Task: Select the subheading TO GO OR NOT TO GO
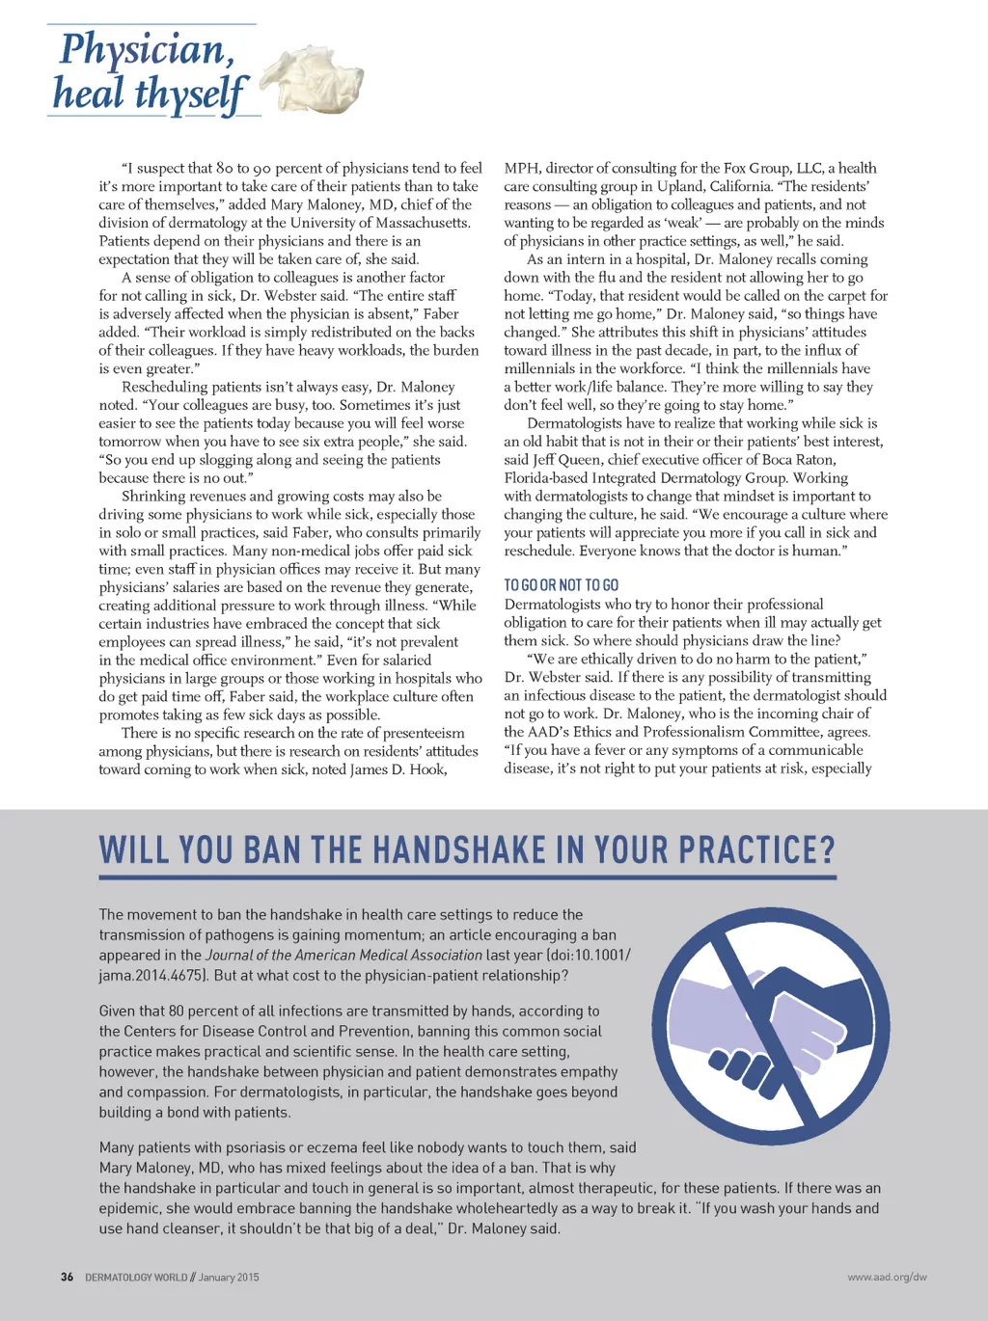561,585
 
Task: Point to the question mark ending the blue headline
826,850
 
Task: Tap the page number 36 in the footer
67,1277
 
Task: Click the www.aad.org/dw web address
887,1277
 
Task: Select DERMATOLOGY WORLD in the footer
136,1277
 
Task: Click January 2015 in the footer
229,1277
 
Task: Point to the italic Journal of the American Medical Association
343,955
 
